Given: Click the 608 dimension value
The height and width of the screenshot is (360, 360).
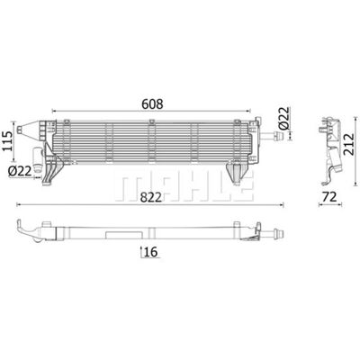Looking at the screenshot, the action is tap(152, 103).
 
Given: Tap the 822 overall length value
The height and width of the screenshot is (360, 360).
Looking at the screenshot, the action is tap(151, 197).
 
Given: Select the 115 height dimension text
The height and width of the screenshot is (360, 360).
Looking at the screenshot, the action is tap(9, 141).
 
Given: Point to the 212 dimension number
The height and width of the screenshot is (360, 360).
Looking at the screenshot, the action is tap(348, 144).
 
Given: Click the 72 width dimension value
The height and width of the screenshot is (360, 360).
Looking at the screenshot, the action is tap(329, 197).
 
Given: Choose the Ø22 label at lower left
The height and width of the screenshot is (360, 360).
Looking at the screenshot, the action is tap(20, 171).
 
